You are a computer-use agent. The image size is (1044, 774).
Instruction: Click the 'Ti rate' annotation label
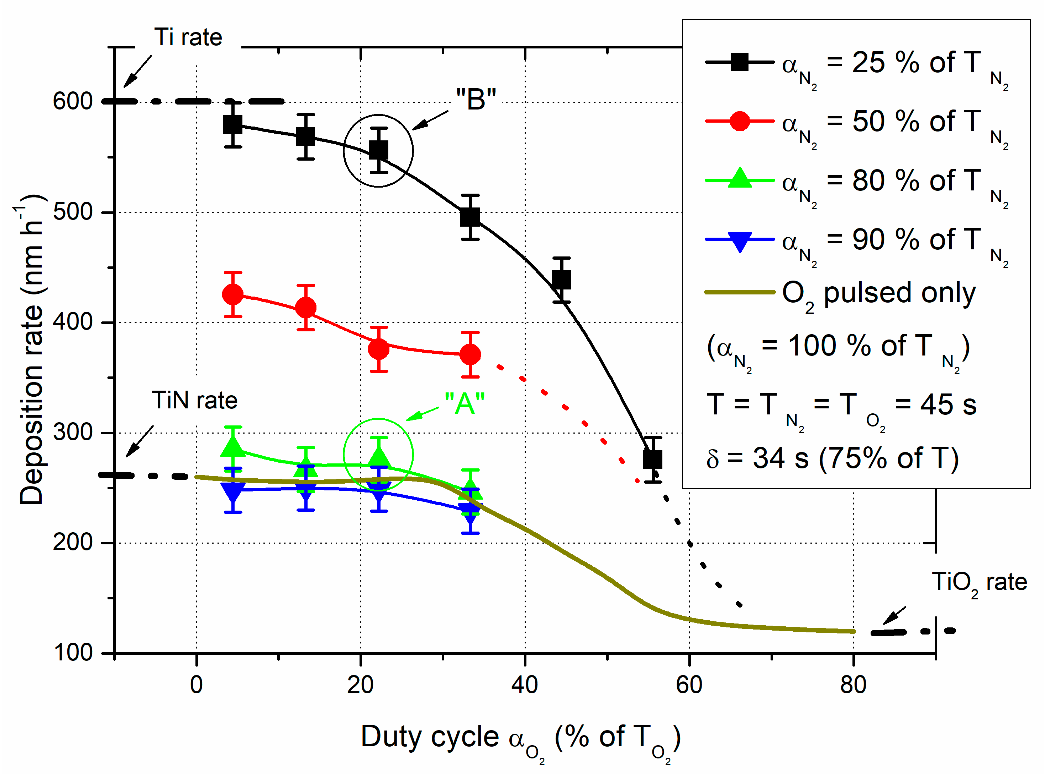tap(188, 37)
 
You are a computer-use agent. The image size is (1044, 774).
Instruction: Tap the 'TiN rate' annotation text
tap(194, 401)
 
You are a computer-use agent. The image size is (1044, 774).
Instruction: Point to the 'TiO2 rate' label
tap(979, 582)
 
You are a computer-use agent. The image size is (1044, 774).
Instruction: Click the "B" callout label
tap(476, 100)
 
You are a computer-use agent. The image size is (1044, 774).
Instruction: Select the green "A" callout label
tap(464, 403)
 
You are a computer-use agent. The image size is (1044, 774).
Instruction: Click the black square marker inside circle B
tap(379, 150)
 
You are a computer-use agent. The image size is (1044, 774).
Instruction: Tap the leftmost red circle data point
tap(233, 295)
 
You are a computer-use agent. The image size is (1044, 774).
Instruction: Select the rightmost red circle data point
tap(470, 355)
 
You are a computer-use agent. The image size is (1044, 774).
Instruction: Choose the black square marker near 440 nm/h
tap(561, 280)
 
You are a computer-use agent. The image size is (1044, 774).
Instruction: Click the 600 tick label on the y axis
tap(73, 101)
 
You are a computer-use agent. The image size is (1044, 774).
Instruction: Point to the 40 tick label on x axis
tap(524, 685)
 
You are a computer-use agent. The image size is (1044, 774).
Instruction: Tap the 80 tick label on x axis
tap(853, 685)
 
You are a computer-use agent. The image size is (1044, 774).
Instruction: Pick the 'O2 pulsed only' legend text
tap(879, 294)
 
